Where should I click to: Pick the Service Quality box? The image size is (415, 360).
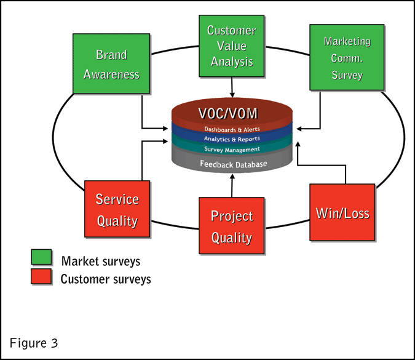[117, 210]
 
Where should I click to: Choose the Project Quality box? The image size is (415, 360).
[231, 226]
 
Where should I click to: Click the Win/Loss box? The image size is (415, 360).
[342, 213]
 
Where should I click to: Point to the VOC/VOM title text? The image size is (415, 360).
[232, 114]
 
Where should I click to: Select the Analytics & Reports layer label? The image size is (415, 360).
[232, 139]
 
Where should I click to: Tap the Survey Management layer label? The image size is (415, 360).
[232, 149]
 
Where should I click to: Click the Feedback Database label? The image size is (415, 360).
[232, 164]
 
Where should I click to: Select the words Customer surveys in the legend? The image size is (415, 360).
[106, 279]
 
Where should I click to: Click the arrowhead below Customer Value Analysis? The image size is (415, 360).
[231, 92]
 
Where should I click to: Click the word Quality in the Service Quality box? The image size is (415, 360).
[117, 220]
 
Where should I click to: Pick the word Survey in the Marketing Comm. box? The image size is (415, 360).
[347, 75]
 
